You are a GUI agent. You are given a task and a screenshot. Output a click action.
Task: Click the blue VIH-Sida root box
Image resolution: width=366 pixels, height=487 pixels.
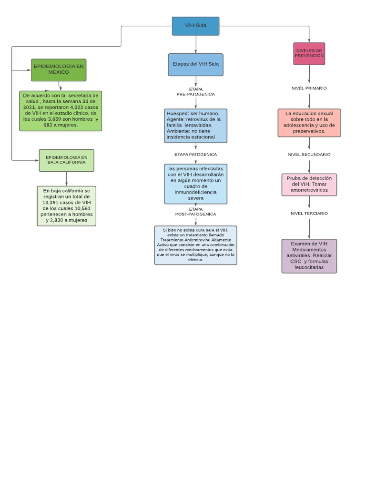[195, 26]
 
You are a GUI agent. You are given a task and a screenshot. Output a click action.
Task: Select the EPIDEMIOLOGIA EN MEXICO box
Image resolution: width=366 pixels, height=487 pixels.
[59, 69]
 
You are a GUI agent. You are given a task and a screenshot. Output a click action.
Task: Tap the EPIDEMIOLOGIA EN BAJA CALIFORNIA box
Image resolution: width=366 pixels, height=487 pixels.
[66, 160]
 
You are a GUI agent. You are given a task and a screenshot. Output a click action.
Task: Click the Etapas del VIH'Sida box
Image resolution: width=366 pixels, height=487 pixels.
[195, 65]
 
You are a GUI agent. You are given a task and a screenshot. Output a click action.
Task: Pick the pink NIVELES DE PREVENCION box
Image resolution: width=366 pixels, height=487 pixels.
[309, 53]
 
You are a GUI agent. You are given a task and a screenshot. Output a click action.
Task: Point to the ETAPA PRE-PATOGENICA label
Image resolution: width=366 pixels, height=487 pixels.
[195, 92]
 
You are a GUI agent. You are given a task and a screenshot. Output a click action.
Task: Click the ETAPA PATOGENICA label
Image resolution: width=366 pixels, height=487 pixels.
[195, 155]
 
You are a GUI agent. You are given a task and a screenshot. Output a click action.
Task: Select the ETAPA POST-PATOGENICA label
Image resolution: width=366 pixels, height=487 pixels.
[195, 212]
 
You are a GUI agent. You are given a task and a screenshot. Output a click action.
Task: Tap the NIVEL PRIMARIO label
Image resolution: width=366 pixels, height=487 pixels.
[309, 88]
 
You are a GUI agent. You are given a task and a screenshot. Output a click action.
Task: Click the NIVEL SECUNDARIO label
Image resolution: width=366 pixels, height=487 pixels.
[309, 155]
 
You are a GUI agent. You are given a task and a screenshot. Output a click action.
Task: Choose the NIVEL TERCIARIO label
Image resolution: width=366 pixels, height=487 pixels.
[309, 214]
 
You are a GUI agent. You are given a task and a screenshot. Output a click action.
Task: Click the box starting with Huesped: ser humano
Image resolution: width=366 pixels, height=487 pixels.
[195, 126]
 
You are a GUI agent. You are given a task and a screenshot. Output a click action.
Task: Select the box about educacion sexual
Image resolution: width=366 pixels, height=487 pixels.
[309, 123]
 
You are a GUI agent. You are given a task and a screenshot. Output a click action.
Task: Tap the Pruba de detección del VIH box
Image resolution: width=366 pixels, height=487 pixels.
[309, 185]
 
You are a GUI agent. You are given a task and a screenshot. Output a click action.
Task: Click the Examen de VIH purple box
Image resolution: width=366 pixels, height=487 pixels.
[309, 256]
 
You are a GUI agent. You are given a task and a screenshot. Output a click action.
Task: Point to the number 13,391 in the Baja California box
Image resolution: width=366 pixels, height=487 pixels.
[53, 202]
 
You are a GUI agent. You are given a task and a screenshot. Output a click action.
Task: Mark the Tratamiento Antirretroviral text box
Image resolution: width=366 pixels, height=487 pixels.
[195, 245]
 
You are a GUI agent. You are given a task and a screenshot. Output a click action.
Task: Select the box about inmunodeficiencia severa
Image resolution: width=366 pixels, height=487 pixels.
[195, 183]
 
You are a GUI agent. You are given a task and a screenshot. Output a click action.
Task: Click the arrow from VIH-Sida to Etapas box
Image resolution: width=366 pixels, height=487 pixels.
[196, 44]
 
